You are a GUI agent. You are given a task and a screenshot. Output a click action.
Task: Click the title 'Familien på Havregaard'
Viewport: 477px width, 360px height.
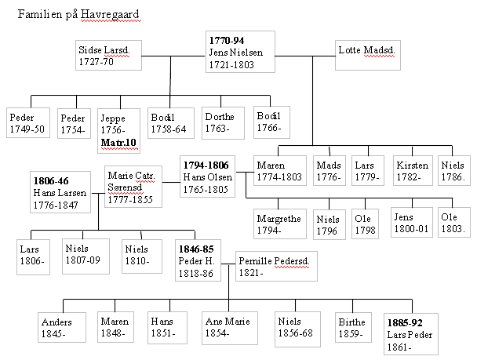tap(75, 15)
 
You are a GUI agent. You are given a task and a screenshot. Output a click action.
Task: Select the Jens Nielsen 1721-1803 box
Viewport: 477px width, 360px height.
tap(240, 53)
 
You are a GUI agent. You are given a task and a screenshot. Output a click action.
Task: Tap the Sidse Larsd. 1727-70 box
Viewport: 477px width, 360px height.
tap(108, 55)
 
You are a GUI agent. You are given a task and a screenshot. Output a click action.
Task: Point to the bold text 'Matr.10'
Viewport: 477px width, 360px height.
tap(118, 143)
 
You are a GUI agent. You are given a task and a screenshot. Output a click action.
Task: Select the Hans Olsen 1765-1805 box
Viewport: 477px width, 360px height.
tap(207, 178)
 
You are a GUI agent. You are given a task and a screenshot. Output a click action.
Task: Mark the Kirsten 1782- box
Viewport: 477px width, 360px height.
tap(413, 171)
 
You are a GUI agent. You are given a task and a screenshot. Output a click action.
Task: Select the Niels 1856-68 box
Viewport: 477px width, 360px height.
tap(298, 329)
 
